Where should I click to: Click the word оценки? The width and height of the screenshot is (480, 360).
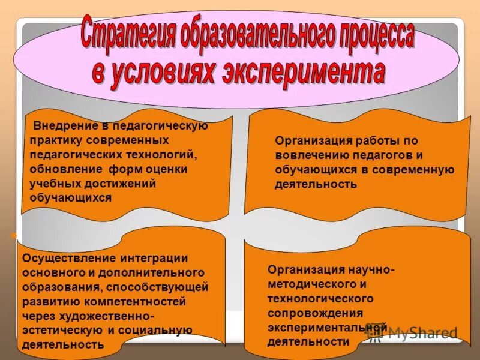(167, 169)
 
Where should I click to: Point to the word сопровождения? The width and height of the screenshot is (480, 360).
(315, 313)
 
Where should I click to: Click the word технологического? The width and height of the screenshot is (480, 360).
(320, 299)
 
